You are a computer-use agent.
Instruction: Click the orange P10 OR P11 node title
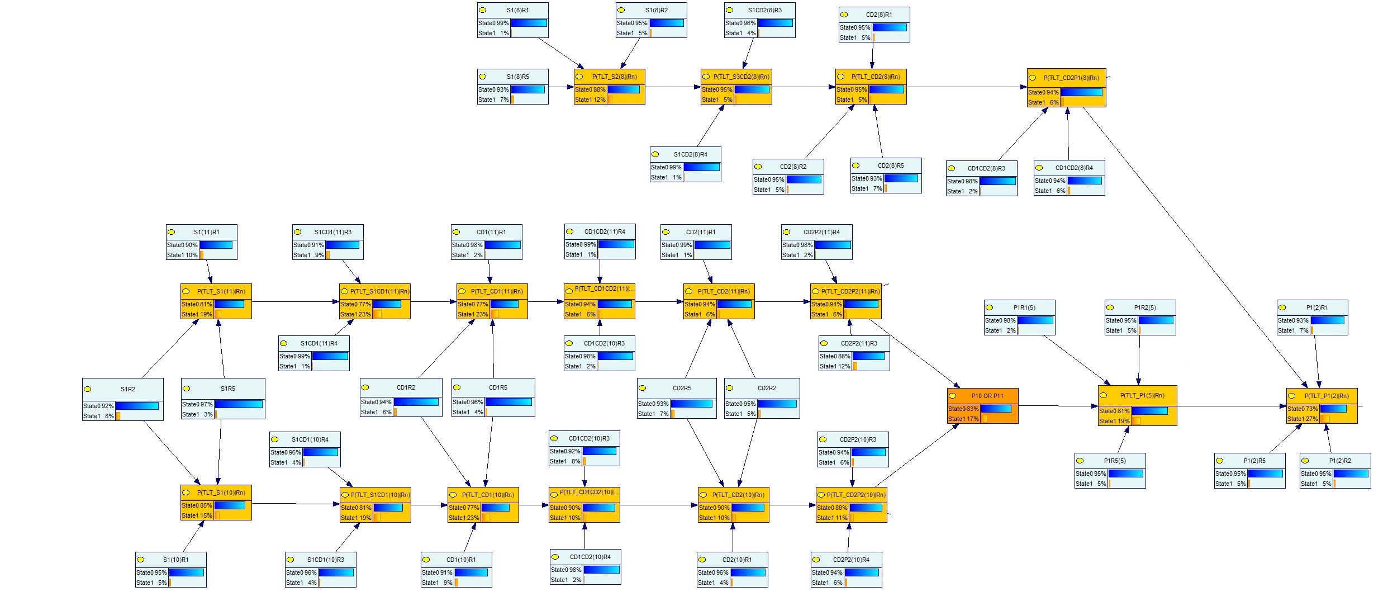987,396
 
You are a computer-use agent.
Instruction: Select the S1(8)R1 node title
517,10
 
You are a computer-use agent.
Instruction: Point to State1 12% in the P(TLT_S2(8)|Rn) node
590,100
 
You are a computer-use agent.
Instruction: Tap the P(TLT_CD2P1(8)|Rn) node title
1071,78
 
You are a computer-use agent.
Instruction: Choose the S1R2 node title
127,389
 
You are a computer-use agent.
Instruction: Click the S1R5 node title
227,389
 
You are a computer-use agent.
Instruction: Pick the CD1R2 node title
406,387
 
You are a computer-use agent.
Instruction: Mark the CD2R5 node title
682,388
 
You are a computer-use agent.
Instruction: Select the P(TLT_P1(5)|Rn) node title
1142,395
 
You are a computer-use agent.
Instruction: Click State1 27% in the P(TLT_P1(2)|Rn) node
1302,419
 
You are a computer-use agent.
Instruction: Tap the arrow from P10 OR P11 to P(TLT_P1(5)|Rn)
1058,406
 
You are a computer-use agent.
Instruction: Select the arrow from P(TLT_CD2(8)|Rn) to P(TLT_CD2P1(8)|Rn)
967,87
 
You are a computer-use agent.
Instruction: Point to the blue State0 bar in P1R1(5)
1035,320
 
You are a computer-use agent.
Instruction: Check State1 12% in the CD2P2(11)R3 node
835,366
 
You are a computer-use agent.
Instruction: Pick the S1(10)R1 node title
175,560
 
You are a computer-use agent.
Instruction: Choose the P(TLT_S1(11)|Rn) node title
221,291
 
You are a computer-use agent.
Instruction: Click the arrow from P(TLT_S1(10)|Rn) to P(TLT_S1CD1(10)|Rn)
296,504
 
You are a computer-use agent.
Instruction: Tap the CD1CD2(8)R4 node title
1073,168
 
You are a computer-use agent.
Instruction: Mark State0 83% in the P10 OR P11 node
963,409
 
